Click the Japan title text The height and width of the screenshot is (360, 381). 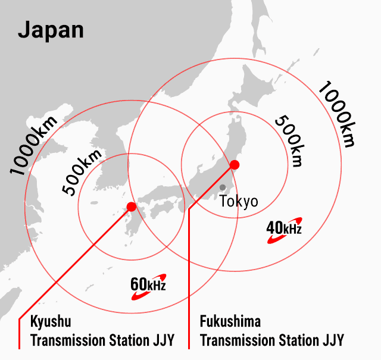click(x=51, y=30)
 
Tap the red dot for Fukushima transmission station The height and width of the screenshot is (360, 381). click(x=235, y=164)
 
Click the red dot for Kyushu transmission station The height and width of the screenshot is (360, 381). click(x=131, y=206)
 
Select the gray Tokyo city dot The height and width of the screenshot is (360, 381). click(x=223, y=187)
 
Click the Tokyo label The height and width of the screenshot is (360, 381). click(x=239, y=201)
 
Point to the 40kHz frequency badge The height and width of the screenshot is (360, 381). click(x=284, y=228)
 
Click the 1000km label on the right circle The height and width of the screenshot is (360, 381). click(x=336, y=113)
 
